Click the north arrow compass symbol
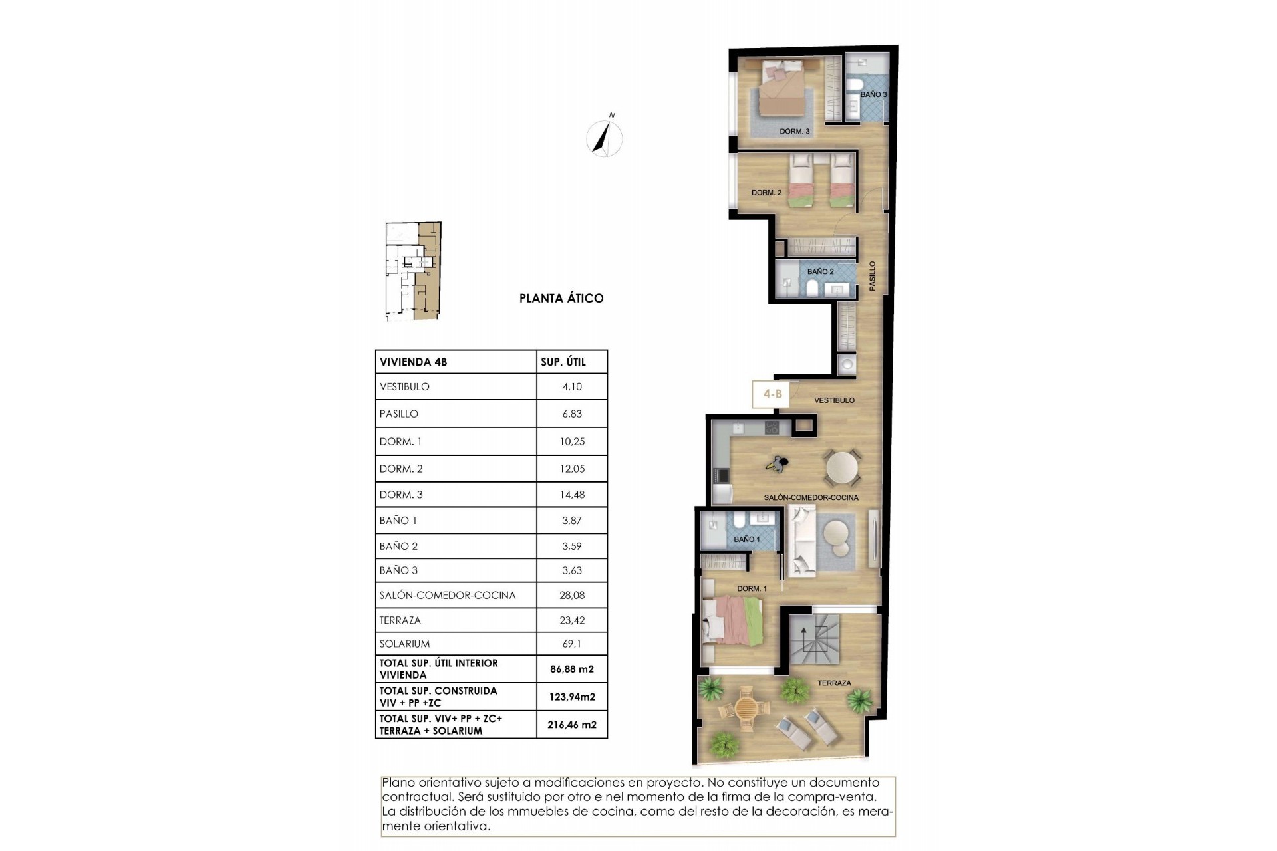click(x=605, y=138)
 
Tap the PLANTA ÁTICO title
click(x=561, y=299)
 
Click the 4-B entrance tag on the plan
click(x=772, y=394)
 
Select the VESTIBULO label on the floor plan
click(x=834, y=400)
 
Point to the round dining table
click(x=843, y=468)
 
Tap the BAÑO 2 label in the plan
click(x=820, y=271)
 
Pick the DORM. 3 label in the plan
click(x=794, y=132)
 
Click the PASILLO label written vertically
click(x=872, y=275)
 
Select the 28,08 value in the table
click(x=572, y=596)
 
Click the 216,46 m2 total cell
click(x=572, y=725)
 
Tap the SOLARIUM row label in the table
click(x=404, y=644)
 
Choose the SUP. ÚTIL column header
click(x=563, y=362)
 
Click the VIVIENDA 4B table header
click(x=413, y=362)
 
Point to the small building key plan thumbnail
click(x=413, y=271)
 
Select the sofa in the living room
click(x=801, y=540)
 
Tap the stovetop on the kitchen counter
click(x=772, y=428)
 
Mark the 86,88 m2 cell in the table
click(x=572, y=669)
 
